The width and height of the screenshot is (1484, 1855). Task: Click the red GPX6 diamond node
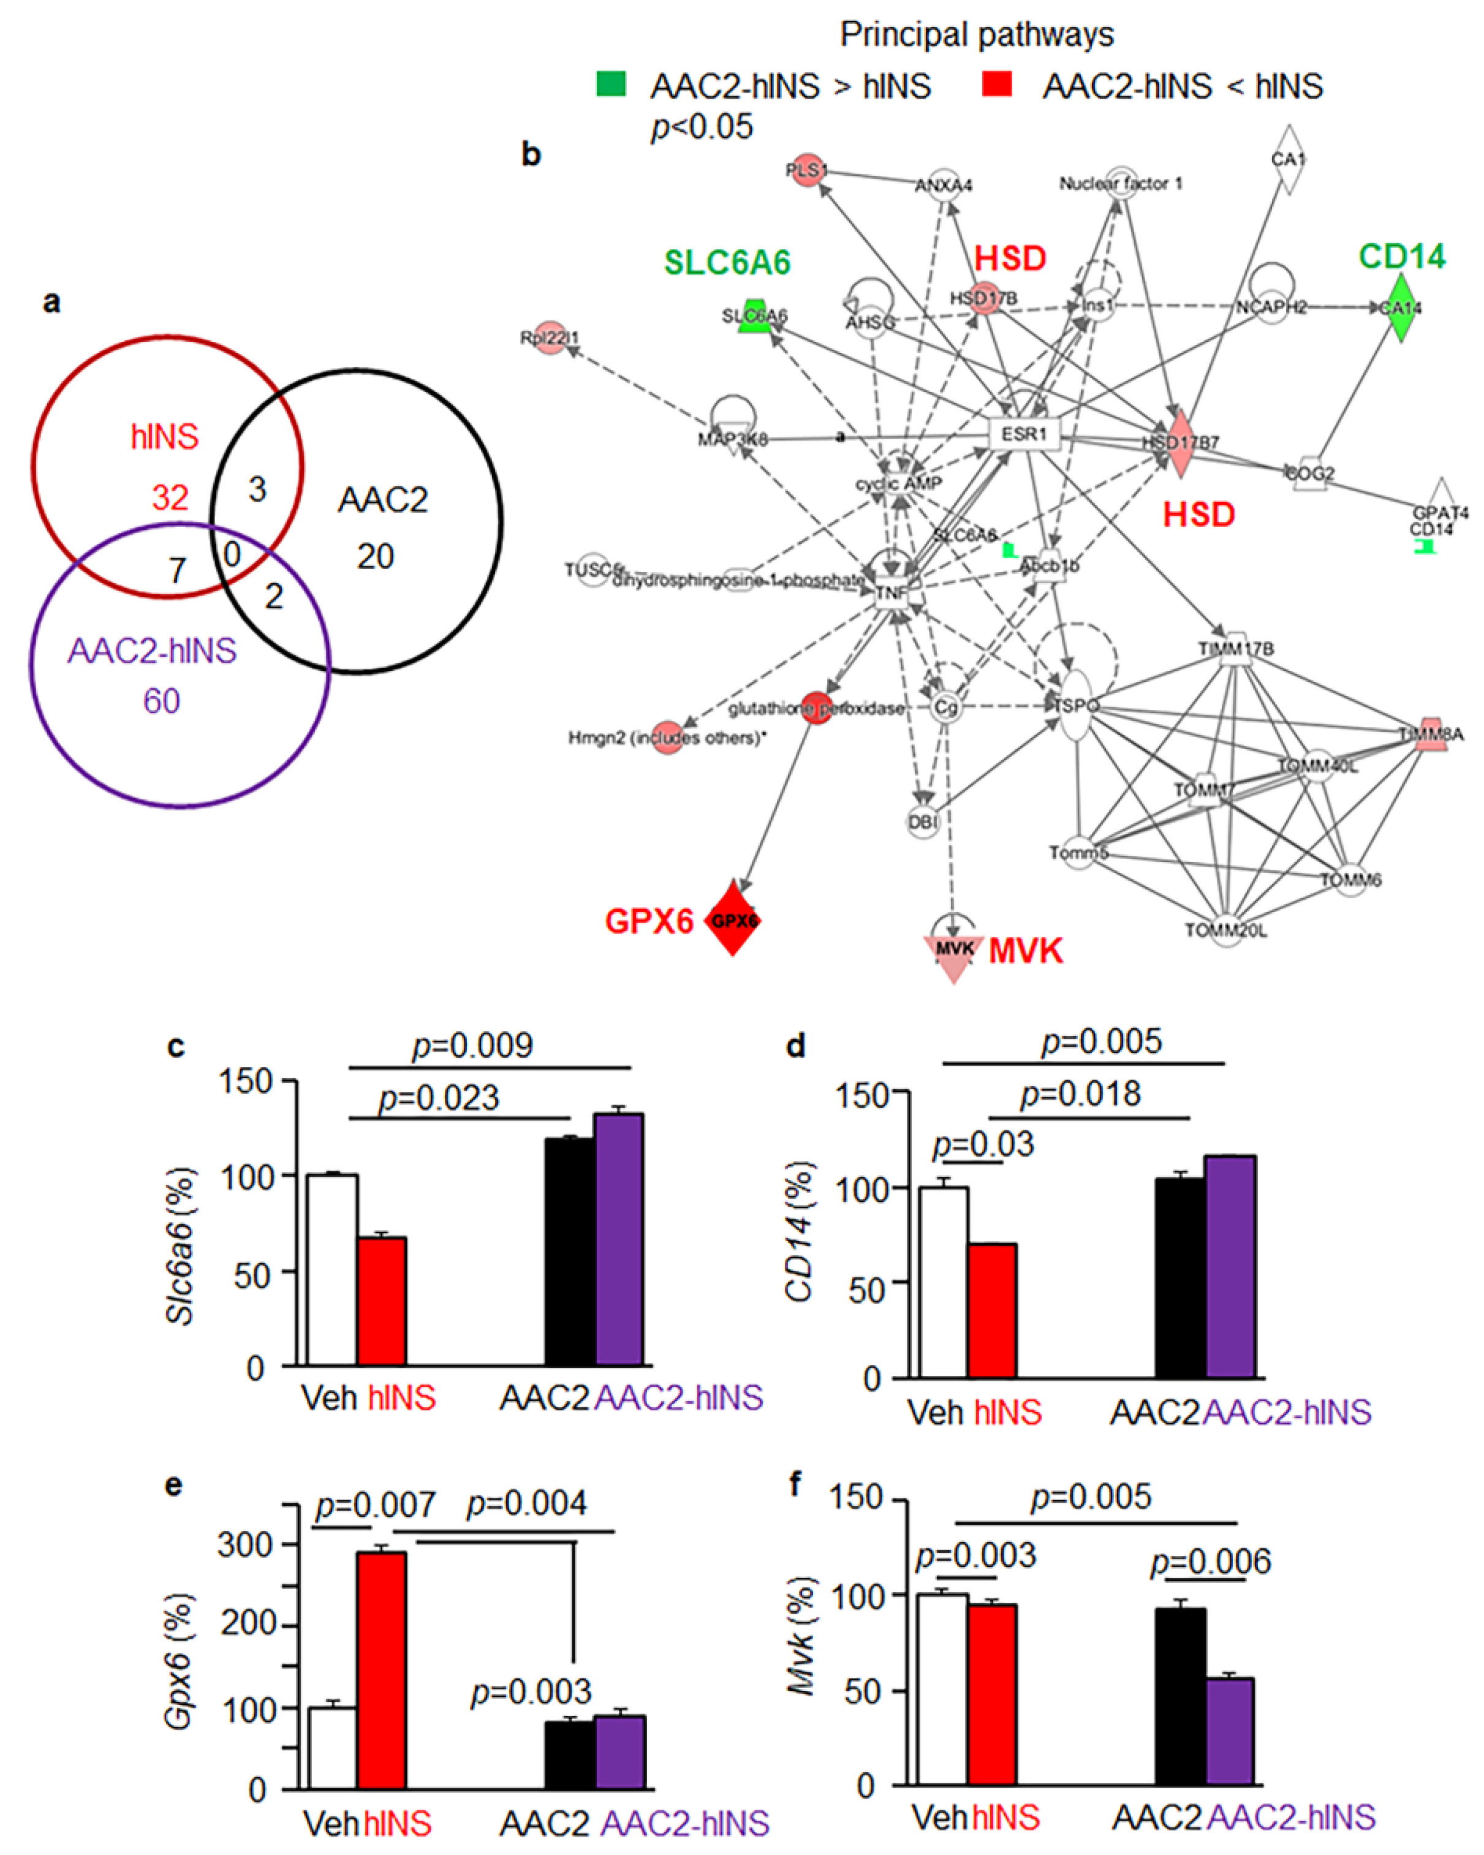pyautogui.click(x=733, y=918)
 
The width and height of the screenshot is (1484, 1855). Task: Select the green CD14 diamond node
pyautogui.click(x=1401, y=308)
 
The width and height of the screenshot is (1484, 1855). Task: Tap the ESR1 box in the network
pyautogui.click(x=1024, y=434)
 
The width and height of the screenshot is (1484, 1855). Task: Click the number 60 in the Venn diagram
pyautogui.click(x=162, y=701)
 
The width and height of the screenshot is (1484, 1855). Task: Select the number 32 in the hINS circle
pyautogui.click(x=170, y=497)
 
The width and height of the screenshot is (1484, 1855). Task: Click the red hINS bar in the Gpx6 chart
pyautogui.click(x=382, y=1669)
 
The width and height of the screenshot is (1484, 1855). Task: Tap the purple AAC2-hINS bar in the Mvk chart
pyautogui.click(x=1229, y=1729)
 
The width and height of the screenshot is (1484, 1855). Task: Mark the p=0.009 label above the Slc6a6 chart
pyautogui.click(x=472, y=1045)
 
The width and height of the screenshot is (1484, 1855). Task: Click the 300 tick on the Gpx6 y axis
pyautogui.click(x=245, y=1544)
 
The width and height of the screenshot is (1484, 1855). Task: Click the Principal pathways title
pyautogui.click(x=977, y=34)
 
